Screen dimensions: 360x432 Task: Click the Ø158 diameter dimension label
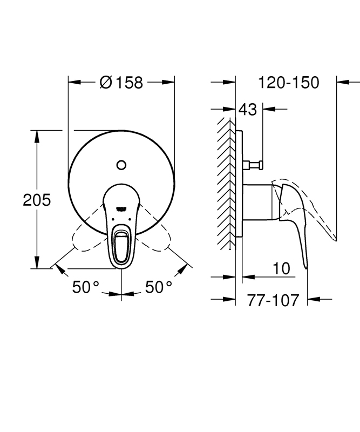click(x=121, y=83)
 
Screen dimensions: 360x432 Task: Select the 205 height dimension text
click(x=37, y=200)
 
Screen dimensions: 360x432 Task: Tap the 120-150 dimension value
click(x=289, y=83)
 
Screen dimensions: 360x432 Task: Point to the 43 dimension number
click(x=248, y=110)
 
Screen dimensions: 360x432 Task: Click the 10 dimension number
click(x=281, y=268)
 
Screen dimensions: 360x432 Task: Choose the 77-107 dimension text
click(x=273, y=300)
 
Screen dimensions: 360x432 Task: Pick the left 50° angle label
click(x=86, y=287)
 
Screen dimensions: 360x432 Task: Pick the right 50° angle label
click(x=159, y=287)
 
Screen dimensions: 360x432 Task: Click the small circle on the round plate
click(x=121, y=165)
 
